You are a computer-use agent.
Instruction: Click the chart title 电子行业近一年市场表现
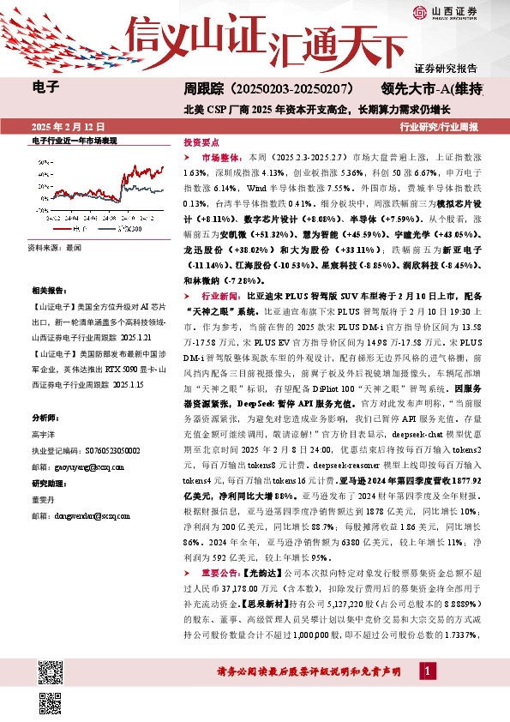(x=74, y=139)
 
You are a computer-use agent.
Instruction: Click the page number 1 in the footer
(x=427, y=671)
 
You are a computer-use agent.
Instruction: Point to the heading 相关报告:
(x=48, y=291)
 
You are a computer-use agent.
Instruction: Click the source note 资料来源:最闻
(x=54, y=247)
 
